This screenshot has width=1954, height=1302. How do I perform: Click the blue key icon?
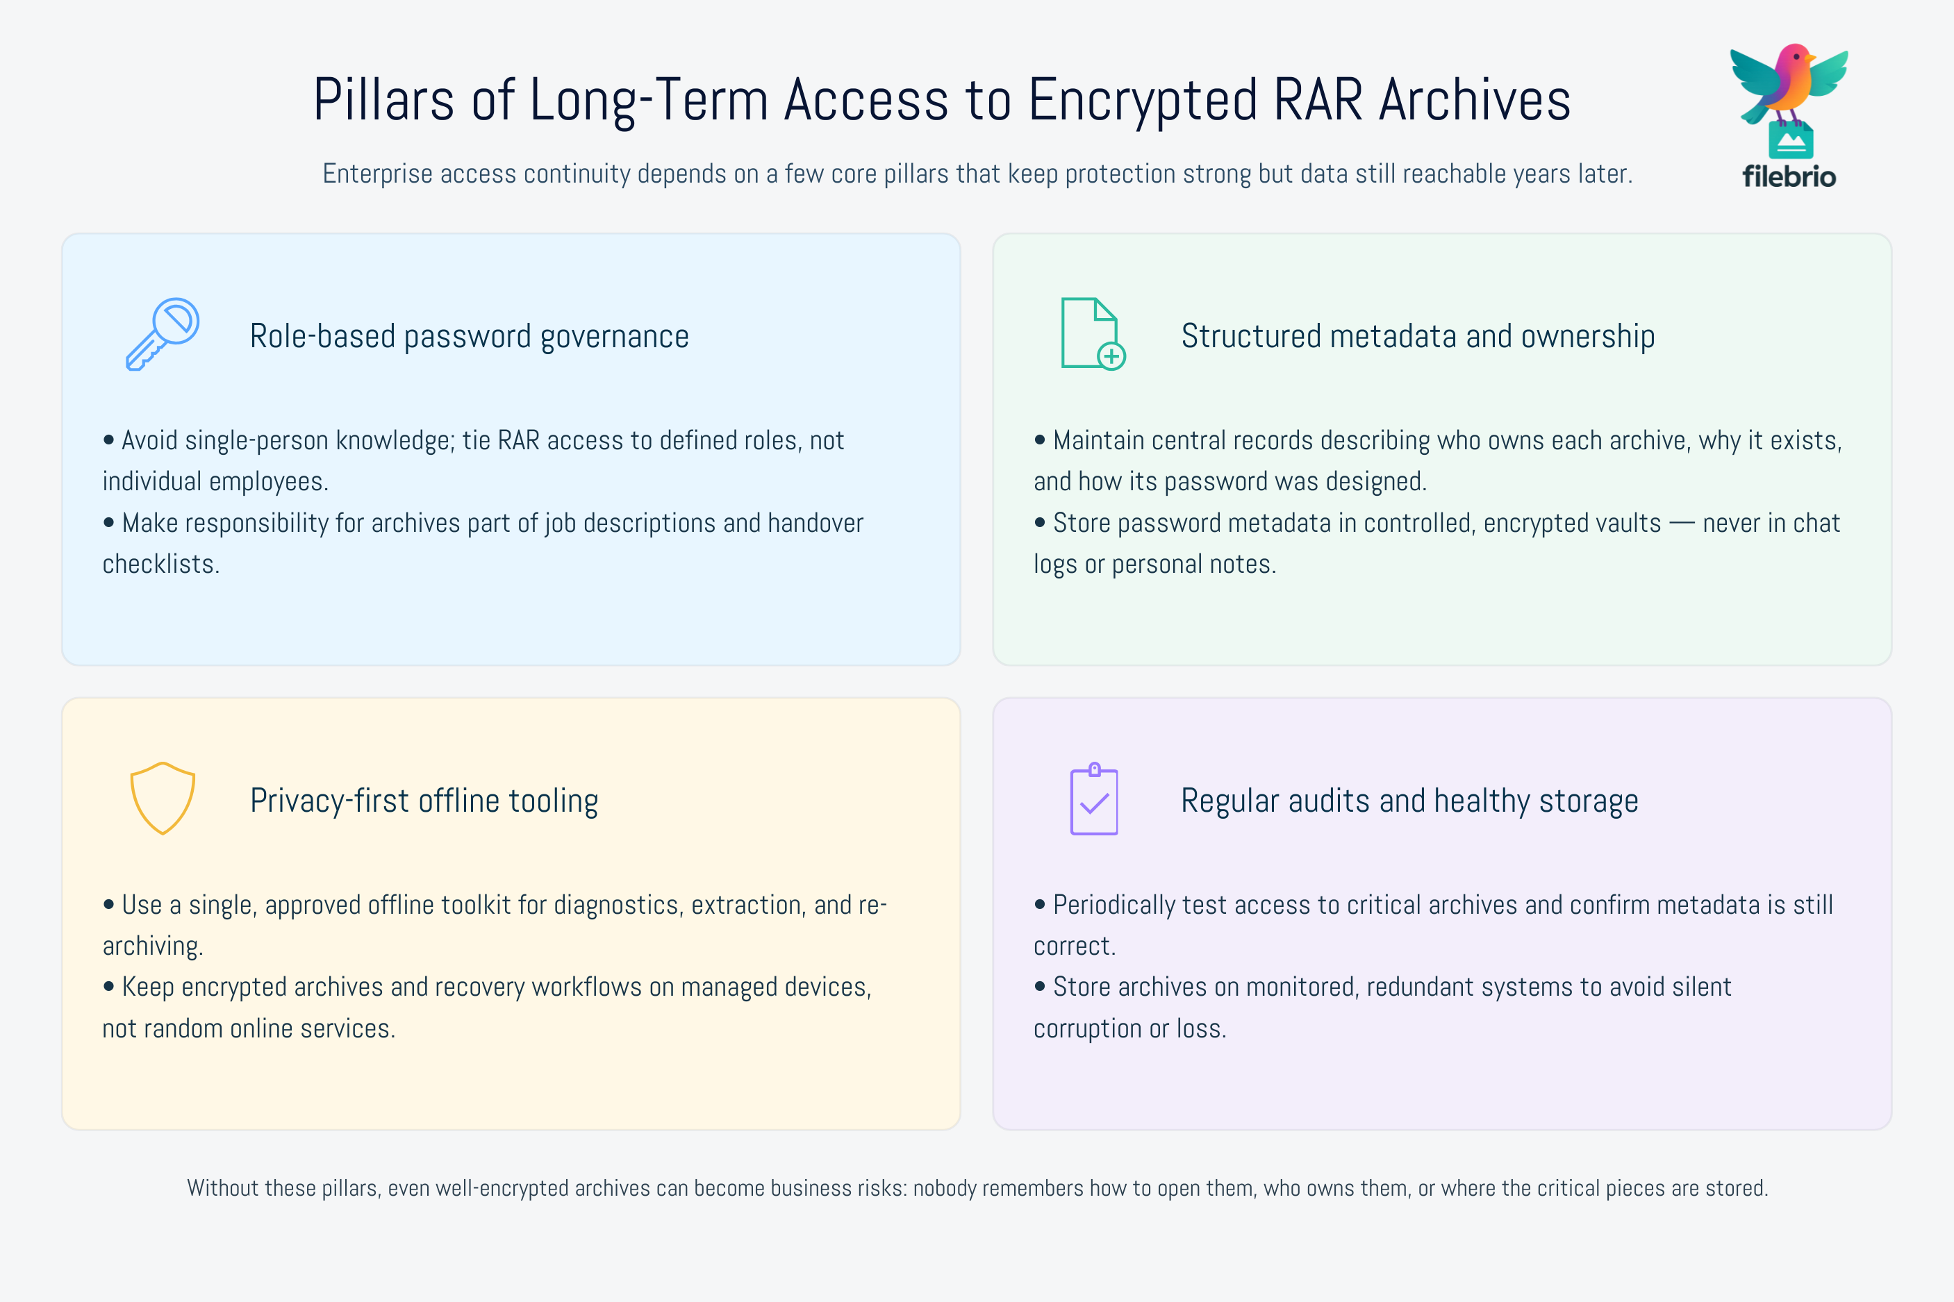click(x=163, y=334)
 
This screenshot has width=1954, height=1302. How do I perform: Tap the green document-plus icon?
click(x=1093, y=334)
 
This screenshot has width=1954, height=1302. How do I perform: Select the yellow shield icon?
click(x=163, y=798)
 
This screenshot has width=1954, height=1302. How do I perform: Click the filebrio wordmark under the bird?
click(x=1789, y=176)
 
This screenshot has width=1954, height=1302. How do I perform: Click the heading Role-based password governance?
click(x=469, y=336)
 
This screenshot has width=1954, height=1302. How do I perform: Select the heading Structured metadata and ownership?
click(x=1418, y=336)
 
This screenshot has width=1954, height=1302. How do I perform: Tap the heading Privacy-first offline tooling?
click(x=424, y=801)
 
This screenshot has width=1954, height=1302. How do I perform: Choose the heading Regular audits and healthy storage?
click(x=1409, y=801)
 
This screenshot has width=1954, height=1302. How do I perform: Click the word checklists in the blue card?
click(x=161, y=565)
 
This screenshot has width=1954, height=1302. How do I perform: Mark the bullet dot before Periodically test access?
click(x=1040, y=904)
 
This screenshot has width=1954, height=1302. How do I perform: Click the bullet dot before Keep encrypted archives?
click(x=109, y=987)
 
